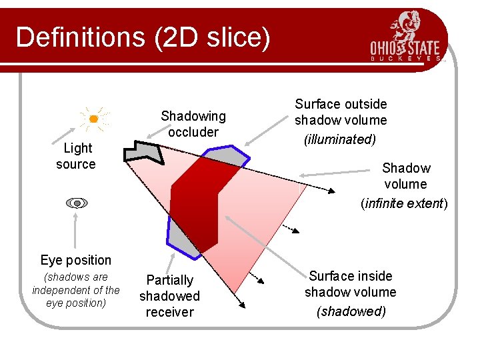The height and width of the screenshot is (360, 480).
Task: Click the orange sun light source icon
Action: (x=94, y=119)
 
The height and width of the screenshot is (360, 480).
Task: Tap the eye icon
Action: (x=77, y=203)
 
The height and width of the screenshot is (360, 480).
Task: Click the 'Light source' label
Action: (x=75, y=156)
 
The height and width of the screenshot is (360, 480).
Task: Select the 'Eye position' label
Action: (x=75, y=260)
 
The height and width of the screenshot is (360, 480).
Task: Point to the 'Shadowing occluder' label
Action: (x=193, y=124)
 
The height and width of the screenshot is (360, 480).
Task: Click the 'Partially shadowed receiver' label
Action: (x=169, y=296)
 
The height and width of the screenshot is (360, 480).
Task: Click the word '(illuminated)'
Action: (x=340, y=139)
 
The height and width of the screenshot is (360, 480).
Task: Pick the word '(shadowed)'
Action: (x=351, y=311)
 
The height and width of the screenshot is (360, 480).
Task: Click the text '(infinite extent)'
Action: (x=404, y=203)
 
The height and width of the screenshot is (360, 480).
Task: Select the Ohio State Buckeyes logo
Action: (x=407, y=37)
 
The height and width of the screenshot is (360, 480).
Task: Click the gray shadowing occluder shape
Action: (x=147, y=152)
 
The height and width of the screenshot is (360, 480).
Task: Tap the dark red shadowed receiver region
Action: (x=200, y=200)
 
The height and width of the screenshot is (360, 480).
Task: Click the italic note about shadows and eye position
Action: (x=76, y=290)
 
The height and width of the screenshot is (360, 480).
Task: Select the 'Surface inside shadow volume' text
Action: (x=351, y=284)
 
